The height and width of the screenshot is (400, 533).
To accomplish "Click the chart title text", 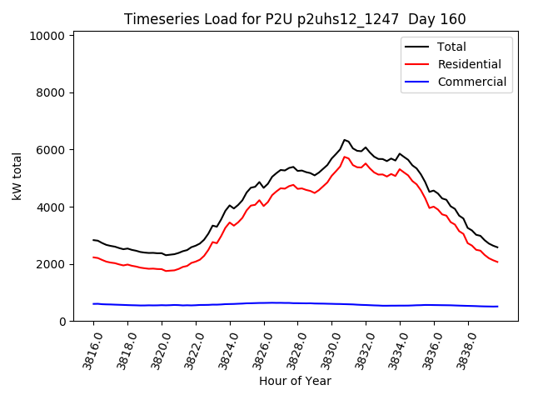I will pyautogui.click(x=295, y=19).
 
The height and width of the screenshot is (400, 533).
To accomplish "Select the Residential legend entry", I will pyautogui.click(x=469, y=64).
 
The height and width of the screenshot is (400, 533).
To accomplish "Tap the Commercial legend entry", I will pyautogui.click(x=471, y=82).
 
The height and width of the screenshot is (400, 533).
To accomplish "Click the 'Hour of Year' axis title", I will pyautogui.click(x=295, y=381).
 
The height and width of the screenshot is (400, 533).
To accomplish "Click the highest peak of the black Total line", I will pyautogui.click(x=344, y=140).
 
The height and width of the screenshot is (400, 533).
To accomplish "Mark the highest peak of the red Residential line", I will pyautogui.click(x=344, y=157).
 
